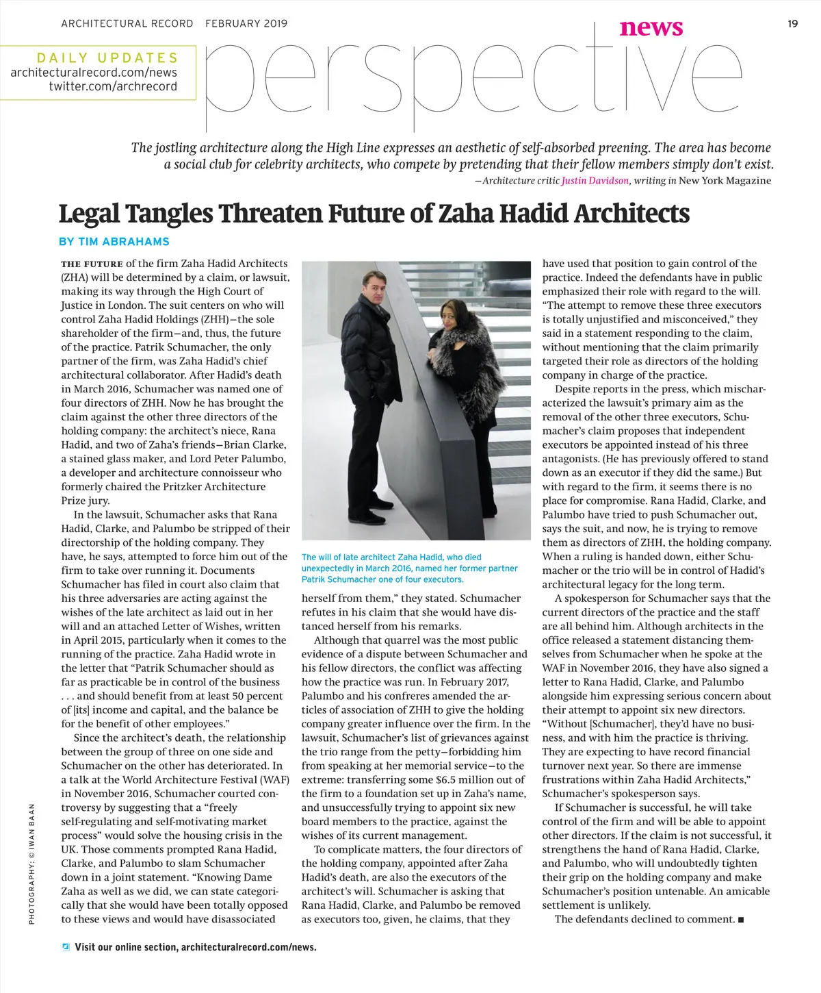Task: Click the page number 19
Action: click(x=792, y=24)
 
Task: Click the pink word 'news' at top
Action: click(x=651, y=27)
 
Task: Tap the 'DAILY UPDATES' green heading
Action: click(x=107, y=58)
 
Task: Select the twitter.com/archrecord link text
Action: click(x=113, y=86)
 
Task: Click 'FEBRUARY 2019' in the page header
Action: click(x=246, y=24)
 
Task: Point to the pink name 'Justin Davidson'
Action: click(x=595, y=181)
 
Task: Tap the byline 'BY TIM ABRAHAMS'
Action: click(x=114, y=242)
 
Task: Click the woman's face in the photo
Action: click(x=452, y=321)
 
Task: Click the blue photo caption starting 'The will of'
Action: click(x=409, y=568)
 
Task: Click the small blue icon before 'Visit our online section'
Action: click(x=66, y=947)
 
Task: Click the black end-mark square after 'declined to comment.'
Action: click(x=740, y=920)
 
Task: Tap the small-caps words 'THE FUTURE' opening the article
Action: click(x=92, y=264)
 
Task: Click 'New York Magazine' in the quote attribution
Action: click(x=725, y=181)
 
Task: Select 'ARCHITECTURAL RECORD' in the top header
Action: click(x=127, y=24)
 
